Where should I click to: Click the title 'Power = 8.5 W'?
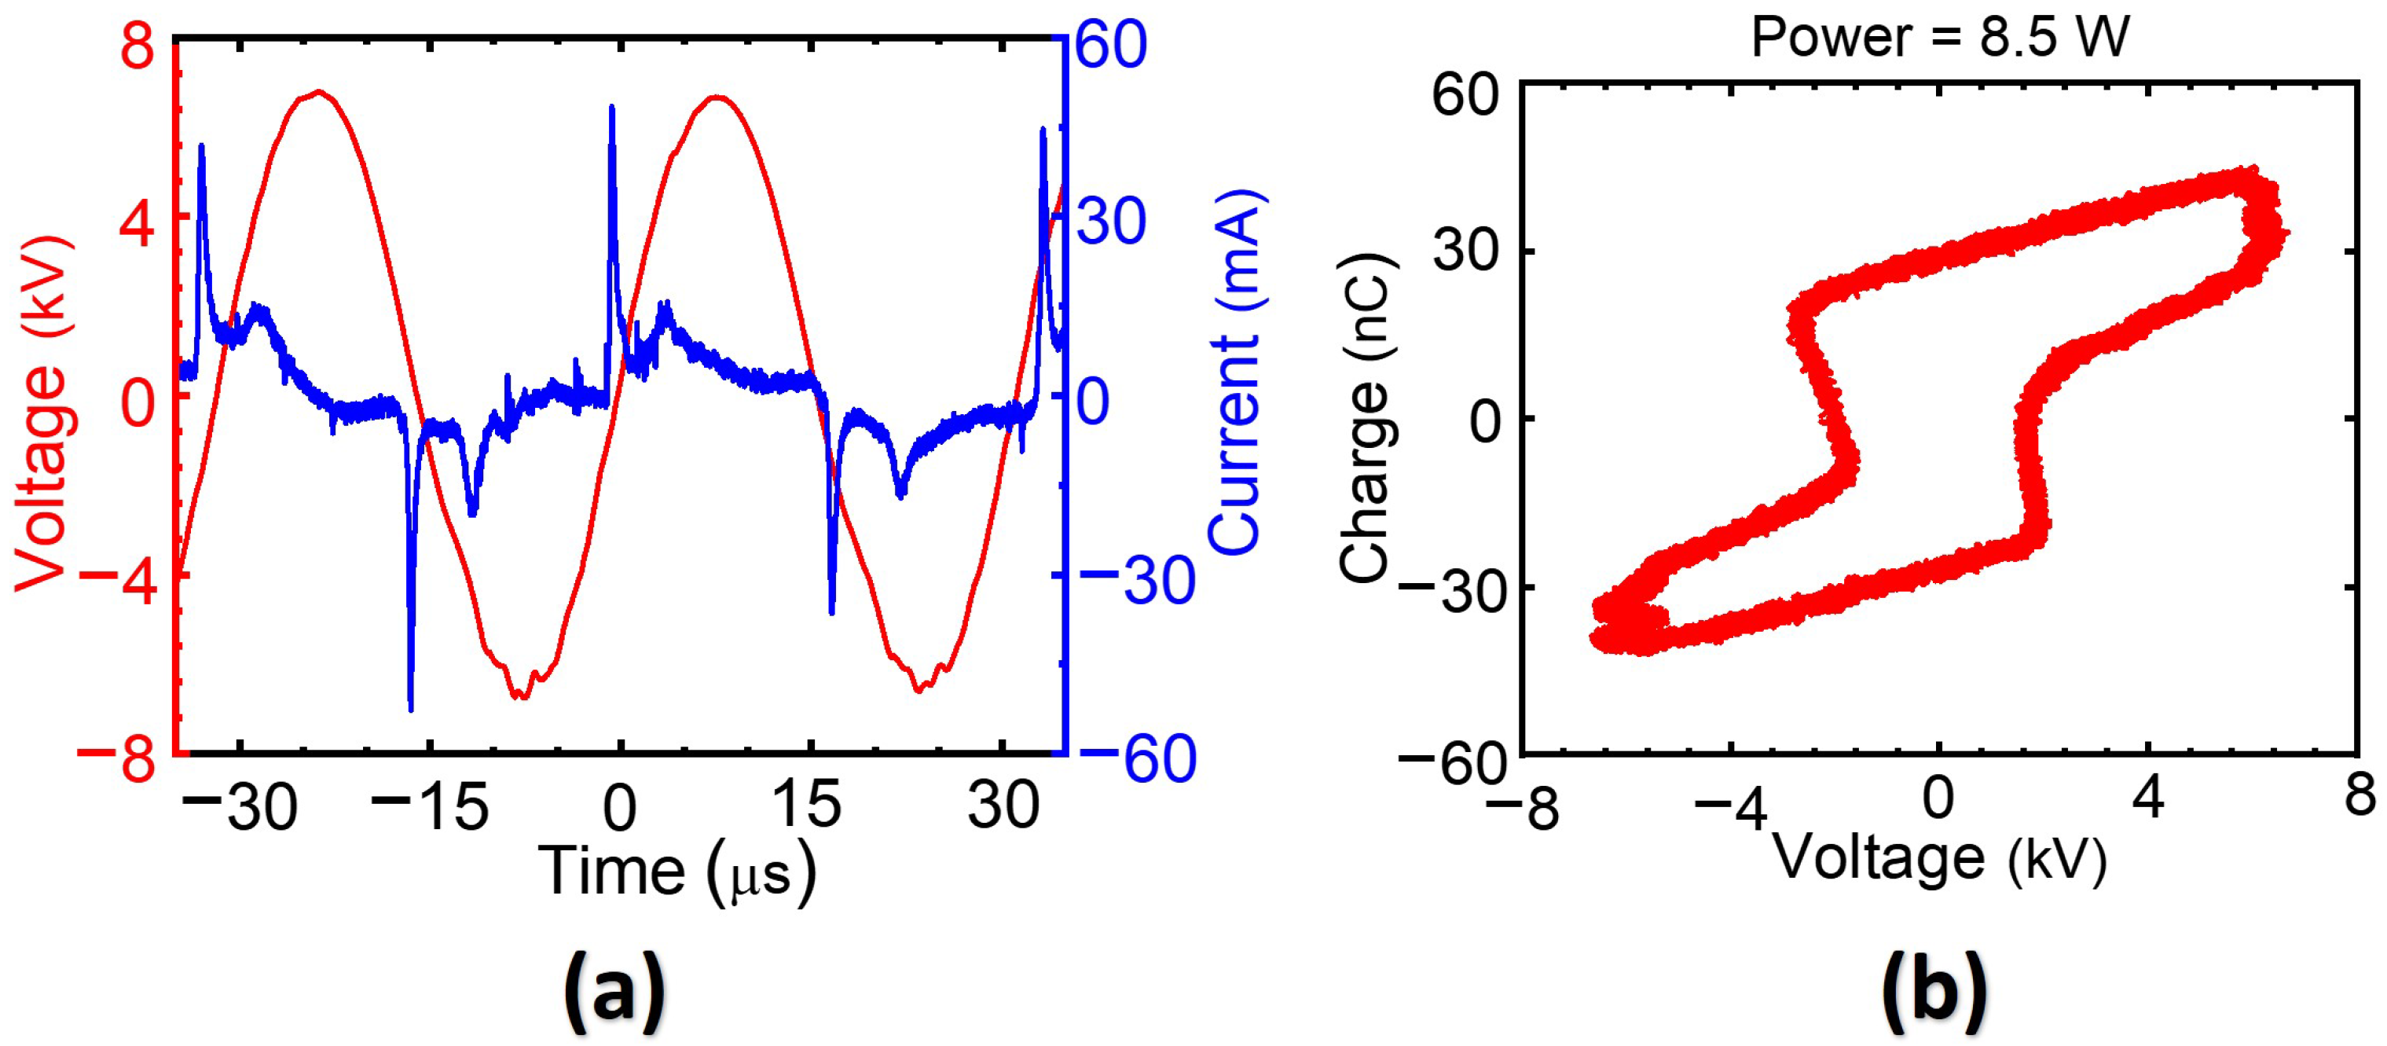tap(1939, 37)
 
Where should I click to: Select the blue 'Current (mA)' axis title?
tap(1237, 371)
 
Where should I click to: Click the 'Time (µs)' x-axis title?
tap(677, 872)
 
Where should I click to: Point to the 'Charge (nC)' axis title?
tap(1366, 417)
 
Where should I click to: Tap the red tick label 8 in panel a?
tap(137, 46)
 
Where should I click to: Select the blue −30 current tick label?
tap(1137, 582)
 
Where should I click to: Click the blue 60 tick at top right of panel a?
tap(1112, 45)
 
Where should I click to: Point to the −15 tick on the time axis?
tap(430, 806)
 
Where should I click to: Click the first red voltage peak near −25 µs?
tap(319, 92)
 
